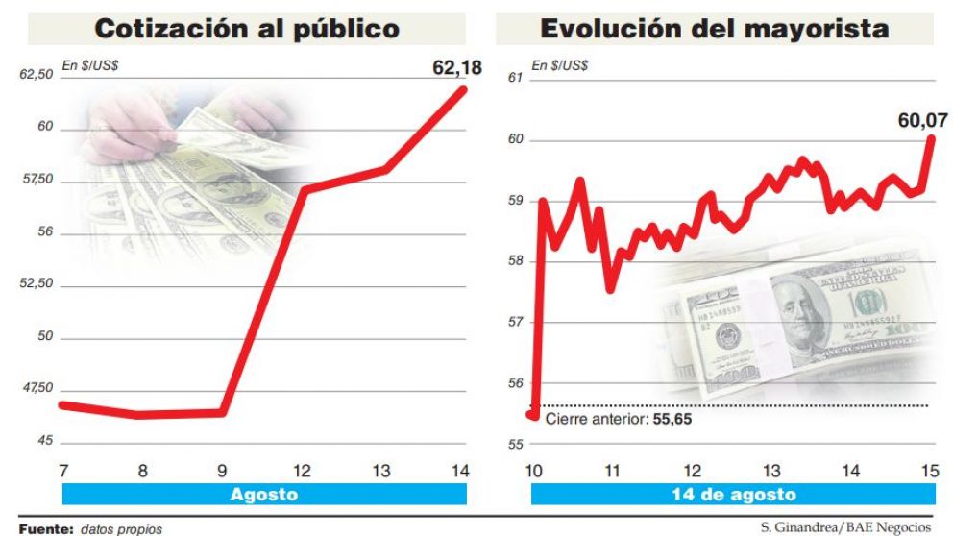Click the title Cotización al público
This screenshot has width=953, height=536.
247,29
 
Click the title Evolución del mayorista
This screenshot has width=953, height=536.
714,29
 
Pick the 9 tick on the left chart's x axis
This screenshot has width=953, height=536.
222,470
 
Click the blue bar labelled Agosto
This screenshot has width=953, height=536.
264,496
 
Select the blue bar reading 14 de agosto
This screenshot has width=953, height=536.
732,496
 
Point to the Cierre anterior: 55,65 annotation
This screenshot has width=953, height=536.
618,419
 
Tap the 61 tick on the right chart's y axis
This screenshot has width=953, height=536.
513,77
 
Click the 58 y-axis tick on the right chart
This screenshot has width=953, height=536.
513,260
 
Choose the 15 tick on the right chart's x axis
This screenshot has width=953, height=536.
929,471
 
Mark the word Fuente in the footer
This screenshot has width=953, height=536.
46,528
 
